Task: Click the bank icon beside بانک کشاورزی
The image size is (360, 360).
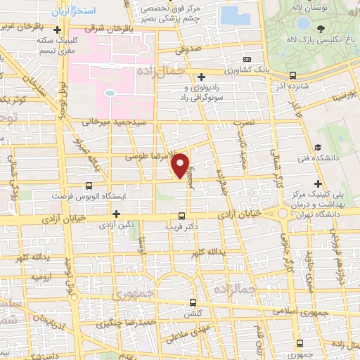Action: click(x=247, y=60)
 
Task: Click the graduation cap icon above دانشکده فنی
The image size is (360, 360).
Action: click(x=318, y=148)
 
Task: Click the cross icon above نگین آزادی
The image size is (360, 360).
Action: click(x=117, y=212)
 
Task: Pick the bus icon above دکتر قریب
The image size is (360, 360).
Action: click(x=182, y=216)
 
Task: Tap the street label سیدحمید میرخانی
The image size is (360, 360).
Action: click(x=113, y=122)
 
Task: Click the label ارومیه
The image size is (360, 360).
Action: click(x=39, y=277)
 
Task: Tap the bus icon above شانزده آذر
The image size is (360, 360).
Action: click(x=292, y=75)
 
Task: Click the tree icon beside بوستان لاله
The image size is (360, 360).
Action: click(x=321, y=29)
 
